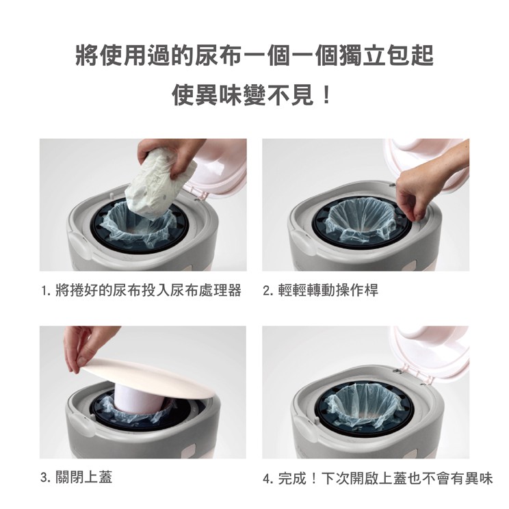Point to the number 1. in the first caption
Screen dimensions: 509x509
coord(47,290)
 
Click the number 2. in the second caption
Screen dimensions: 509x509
coord(268,290)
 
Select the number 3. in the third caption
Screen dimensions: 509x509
coord(46,478)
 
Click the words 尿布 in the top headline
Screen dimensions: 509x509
coord(218,55)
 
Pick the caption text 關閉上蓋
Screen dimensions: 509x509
coord(83,478)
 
